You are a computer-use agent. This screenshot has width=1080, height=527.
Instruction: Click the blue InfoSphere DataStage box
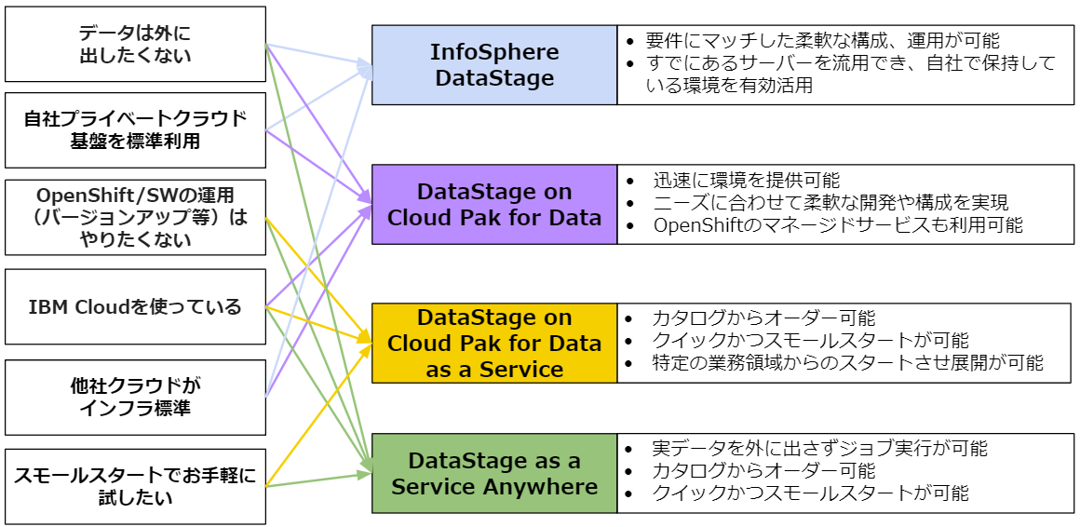coord(494,64)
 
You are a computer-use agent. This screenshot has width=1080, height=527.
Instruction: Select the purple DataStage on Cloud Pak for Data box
coord(494,205)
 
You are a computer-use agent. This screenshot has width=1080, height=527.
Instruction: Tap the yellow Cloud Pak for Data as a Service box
coord(494,343)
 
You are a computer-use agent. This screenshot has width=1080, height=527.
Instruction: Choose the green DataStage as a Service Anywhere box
coord(494,473)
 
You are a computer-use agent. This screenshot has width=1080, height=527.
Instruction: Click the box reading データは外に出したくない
coord(135,44)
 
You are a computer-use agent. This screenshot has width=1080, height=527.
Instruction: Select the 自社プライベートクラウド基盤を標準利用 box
coord(135,130)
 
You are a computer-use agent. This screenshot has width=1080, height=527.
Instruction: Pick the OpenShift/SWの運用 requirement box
coord(135,218)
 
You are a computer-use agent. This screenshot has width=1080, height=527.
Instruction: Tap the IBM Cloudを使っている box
coord(135,306)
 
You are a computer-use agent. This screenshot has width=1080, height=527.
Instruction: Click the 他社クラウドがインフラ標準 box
coord(135,398)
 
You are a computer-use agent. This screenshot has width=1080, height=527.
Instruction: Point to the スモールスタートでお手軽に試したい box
coord(135,486)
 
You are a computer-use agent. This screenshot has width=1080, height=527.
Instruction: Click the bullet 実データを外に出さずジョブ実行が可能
coord(819,449)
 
